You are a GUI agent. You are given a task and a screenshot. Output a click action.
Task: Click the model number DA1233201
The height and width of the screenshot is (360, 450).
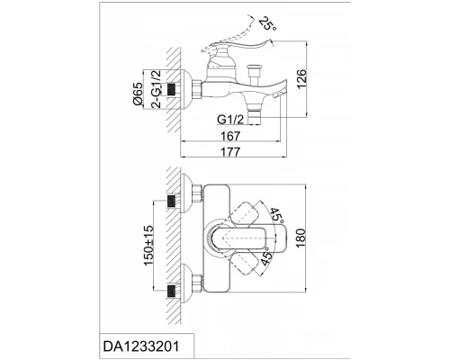pyautogui.click(x=141, y=346)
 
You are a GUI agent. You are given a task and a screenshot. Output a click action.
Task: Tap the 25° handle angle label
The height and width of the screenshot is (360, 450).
pyautogui.click(x=266, y=24)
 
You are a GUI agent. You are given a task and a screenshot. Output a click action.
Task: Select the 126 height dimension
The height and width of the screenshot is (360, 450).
pyautogui.click(x=301, y=79)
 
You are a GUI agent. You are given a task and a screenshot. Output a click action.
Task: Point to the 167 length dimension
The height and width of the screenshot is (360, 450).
pyautogui.click(x=230, y=136)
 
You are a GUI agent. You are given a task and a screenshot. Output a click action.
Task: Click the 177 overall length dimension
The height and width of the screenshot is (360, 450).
pyautogui.click(x=230, y=152)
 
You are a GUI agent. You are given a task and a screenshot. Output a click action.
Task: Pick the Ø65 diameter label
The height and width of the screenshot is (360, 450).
pyautogui.click(x=138, y=94)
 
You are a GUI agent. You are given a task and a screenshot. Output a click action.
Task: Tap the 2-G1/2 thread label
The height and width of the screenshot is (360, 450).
pyautogui.click(x=156, y=89)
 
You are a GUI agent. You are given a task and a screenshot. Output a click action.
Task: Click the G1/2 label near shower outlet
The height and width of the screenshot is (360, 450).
pyautogui.click(x=230, y=120)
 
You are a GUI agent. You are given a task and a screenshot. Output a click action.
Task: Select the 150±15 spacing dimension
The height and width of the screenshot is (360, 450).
pyautogui.click(x=148, y=245)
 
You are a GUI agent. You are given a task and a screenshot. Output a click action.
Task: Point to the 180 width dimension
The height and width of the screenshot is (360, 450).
pyautogui.click(x=301, y=238)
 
